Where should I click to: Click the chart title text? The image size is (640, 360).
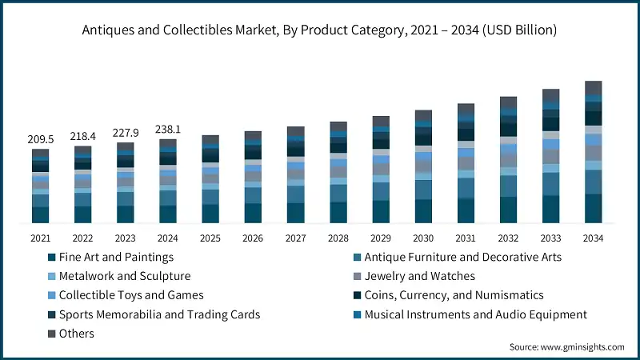click(320, 30)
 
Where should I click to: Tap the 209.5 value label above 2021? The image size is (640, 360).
click(40, 139)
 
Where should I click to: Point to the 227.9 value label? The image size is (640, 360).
click(125, 133)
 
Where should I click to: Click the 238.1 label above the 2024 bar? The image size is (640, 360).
click(167, 129)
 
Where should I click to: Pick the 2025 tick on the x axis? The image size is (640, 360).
click(210, 238)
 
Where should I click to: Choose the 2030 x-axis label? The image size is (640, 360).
click(422, 238)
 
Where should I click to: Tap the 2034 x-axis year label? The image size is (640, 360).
click(593, 238)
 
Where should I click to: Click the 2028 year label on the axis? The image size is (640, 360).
click(338, 238)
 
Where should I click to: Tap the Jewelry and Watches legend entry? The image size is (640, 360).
click(419, 277)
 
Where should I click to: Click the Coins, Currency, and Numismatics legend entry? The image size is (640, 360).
click(454, 296)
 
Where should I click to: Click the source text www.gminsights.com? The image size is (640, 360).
click(566, 347)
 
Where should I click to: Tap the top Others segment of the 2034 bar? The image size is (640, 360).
click(593, 87)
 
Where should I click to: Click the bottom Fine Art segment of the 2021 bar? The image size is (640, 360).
click(40, 214)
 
